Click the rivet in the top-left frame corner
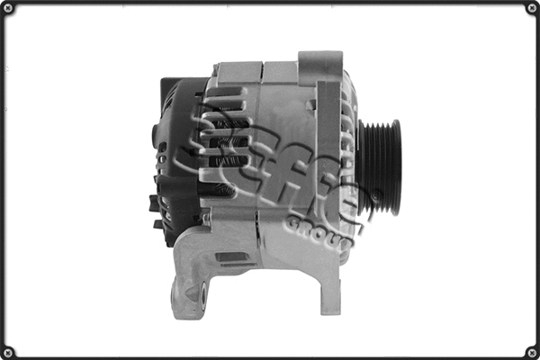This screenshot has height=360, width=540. (x=8, y=8)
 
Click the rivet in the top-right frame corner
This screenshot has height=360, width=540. (x=531, y=8)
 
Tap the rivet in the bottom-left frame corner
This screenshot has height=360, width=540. (x=8, y=351)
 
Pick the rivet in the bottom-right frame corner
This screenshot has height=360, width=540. (x=531, y=351)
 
